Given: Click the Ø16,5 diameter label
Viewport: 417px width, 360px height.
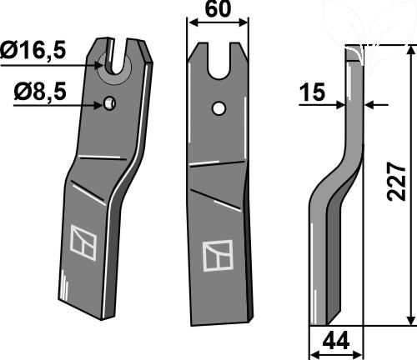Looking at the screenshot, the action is [33, 50].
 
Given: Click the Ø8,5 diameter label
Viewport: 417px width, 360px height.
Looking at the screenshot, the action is [40, 92].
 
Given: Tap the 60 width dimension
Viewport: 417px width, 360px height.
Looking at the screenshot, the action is [218, 9].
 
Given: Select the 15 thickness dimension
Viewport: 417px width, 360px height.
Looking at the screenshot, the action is [313, 92].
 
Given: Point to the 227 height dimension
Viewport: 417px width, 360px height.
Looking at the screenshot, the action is [396, 182].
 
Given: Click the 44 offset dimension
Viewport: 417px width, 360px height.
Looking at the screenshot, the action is [336, 341].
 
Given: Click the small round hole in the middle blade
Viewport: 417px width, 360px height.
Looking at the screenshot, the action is [219, 108].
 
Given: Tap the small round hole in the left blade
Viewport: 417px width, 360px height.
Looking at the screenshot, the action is [109, 103].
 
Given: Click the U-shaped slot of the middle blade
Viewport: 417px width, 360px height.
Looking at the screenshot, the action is [219, 61].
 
